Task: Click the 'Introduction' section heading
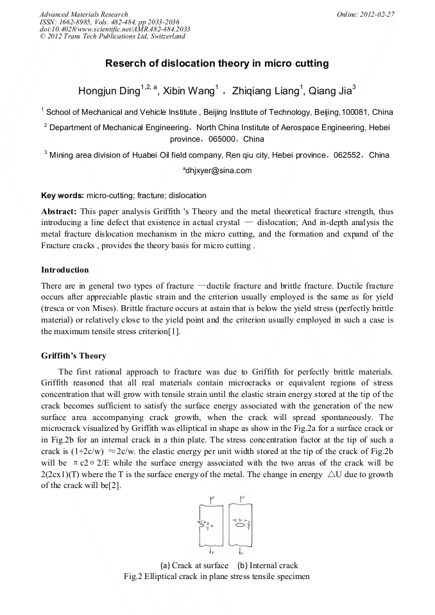65,269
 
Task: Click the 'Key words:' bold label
63,195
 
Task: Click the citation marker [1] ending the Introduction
174,332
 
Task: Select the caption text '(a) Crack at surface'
194,566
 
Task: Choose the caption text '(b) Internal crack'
268,566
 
